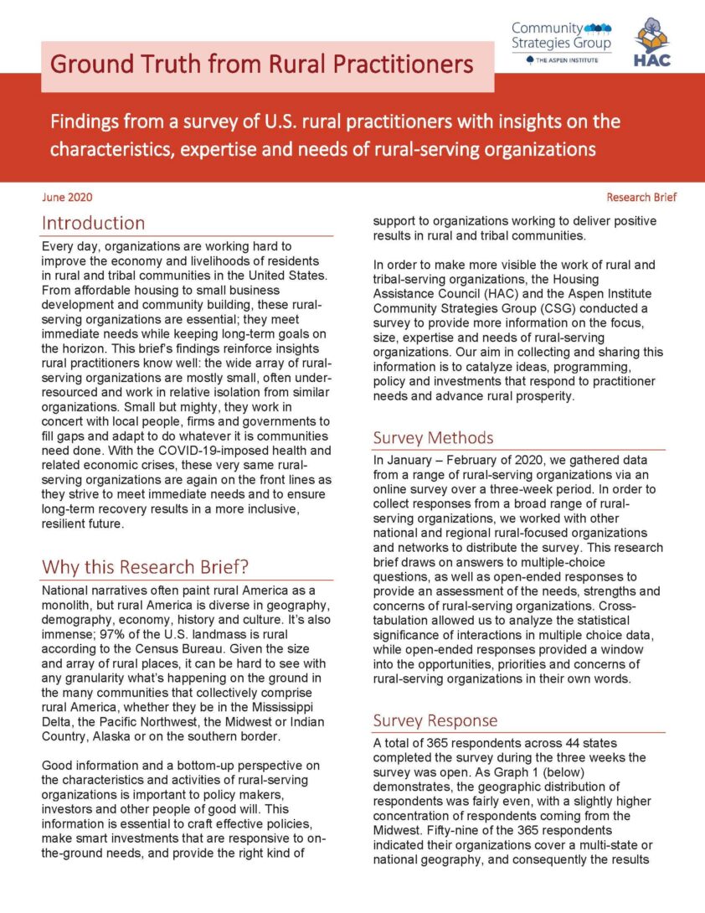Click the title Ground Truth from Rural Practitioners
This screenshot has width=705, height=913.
(260, 64)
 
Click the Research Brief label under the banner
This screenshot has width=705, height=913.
(641, 198)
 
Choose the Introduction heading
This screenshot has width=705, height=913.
(93, 224)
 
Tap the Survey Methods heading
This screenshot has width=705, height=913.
(433, 438)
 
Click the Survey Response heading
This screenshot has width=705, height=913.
(435, 721)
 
